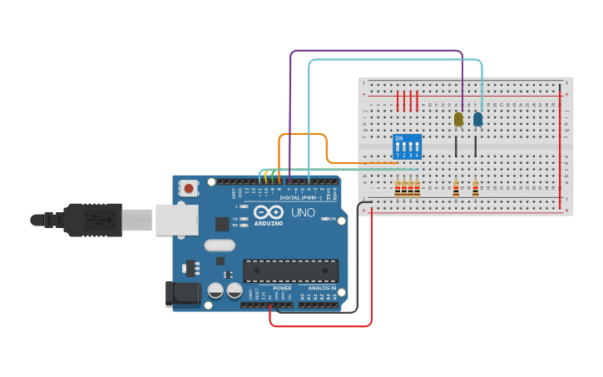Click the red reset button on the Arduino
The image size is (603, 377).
(189, 189)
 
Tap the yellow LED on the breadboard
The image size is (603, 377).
(458, 120)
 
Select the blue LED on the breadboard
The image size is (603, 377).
(477, 120)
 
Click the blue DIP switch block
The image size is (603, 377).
(407, 147)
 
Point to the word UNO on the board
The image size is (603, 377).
(303, 212)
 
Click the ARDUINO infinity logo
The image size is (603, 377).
(269, 212)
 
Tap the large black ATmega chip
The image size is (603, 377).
(290, 270)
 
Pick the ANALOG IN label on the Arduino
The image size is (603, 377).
(316, 288)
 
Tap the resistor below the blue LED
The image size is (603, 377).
(475, 189)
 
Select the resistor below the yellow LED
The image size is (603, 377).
(455, 189)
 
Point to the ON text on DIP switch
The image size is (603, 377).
(399, 138)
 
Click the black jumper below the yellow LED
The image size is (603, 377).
(455, 146)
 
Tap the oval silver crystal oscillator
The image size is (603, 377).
(220, 246)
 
